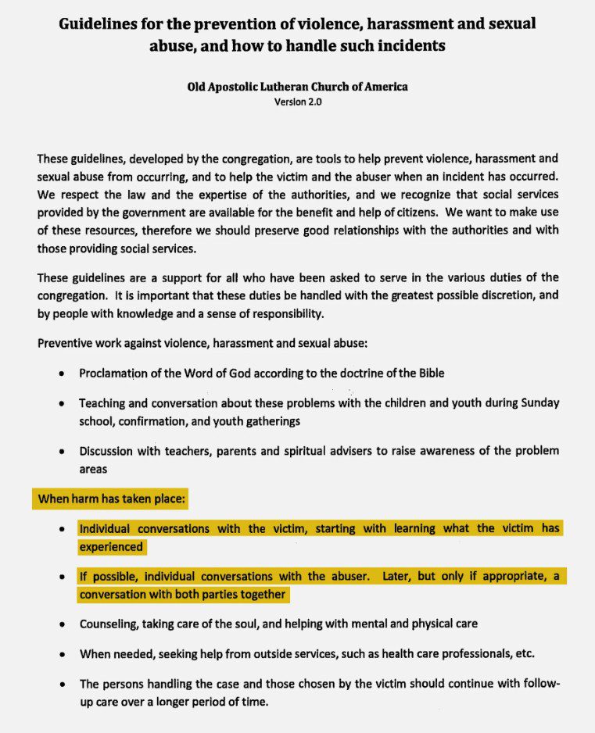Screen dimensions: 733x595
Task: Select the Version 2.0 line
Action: [x=297, y=102]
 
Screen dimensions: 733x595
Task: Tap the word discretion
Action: [x=469, y=296]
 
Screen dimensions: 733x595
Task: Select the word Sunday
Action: [x=539, y=403]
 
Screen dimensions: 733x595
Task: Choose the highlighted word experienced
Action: [x=111, y=547]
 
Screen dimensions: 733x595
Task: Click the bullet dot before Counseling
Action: [x=62, y=625]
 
